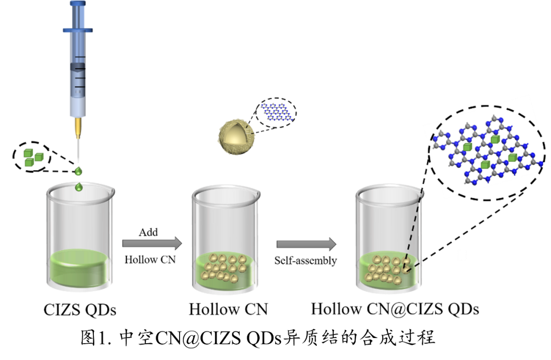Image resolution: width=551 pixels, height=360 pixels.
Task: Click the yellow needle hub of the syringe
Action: [x=78, y=127]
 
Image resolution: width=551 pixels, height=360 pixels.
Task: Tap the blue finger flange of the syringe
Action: [x=78, y=30]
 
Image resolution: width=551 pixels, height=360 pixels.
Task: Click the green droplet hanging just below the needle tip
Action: [x=78, y=171]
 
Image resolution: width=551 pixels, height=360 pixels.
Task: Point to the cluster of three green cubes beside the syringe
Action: [x=33, y=158]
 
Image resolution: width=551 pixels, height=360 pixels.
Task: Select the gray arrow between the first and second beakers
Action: [x=152, y=243]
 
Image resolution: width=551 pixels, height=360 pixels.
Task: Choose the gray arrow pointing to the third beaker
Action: [x=306, y=244]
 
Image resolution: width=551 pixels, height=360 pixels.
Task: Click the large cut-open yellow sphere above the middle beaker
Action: [x=236, y=137]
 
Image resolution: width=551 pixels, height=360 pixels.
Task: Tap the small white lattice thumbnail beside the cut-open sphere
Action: [x=277, y=111]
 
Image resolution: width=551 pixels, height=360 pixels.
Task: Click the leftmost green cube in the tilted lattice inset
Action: [x=467, y=147]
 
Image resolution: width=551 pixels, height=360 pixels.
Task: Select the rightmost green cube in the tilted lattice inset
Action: [x=512, y=158]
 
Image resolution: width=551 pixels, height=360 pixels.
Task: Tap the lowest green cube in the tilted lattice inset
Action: [x=485, y=165]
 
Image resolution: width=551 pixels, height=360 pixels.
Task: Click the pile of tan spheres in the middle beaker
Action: [x=224, y=268]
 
